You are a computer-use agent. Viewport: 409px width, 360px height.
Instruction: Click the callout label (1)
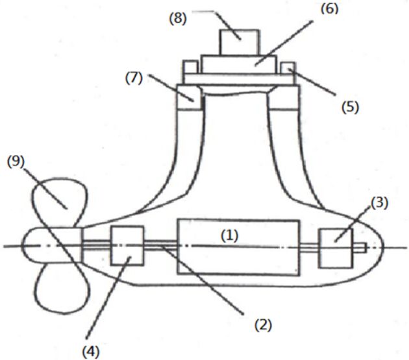coord(230,235)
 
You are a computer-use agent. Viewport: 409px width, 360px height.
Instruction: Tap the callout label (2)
coord(263,325)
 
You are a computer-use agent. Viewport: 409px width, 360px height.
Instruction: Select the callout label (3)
coord(380,203)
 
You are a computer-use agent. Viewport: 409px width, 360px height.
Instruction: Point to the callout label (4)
coord(91,352)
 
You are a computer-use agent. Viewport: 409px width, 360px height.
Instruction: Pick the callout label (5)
coord(351,107)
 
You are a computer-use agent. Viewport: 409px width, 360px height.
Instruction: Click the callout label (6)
coord(329,8)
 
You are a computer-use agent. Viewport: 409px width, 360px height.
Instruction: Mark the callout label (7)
coord(134,78)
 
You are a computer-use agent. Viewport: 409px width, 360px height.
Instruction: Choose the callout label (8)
coord(178,19)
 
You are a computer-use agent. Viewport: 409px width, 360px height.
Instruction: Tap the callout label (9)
coord(16,162)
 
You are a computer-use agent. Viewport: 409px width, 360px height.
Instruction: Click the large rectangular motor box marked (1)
coord(238,247)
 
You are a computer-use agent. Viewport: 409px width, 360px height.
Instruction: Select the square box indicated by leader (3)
coord(336,248)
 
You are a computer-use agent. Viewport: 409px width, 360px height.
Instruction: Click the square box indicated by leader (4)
coord(127,246)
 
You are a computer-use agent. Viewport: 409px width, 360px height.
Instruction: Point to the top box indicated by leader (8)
coord(240,42)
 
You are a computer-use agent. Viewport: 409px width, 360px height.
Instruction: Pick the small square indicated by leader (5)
coord(288,68)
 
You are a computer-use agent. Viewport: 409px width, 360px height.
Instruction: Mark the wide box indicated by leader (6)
coord(238,64)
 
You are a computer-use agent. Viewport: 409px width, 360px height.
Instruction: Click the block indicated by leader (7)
coord(190,97)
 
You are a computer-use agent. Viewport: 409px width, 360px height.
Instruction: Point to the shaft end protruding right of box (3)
coord(360,248)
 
